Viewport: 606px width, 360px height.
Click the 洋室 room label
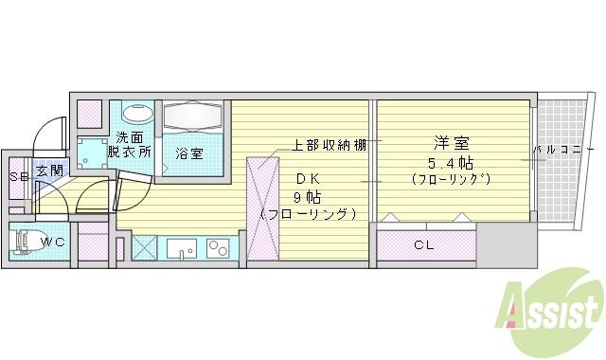click(x=452, y=144)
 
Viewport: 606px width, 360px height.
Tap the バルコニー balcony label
click(x=562, y=151)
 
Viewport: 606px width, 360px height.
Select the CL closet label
click(x=424, y=244)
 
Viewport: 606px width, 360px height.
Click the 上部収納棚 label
click(x=328, y=146)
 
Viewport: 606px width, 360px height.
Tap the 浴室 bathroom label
click(x=189, y=152)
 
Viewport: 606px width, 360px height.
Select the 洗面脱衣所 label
click(x=129, y=144)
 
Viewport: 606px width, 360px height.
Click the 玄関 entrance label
click(x=49, y=171)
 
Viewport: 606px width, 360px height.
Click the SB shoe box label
click(x=17, y=177)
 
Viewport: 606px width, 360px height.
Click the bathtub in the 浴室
click(x=192, y=118)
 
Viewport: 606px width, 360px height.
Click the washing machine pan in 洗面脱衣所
click(x=93, y=153)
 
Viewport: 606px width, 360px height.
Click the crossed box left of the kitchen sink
click(x=145, y=247)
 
